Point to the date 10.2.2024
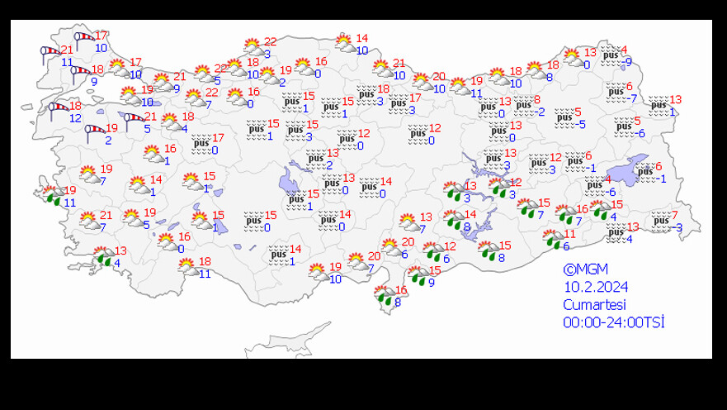pos(596,287)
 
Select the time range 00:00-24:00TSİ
pos(613,322)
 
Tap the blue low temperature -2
pos(539,112)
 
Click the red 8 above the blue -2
pos(537,100)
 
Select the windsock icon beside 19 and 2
pos(93,131)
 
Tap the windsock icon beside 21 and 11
pos(50,53)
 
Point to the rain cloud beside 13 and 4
pos(103,256)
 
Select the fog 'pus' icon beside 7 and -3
pos(660,220)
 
